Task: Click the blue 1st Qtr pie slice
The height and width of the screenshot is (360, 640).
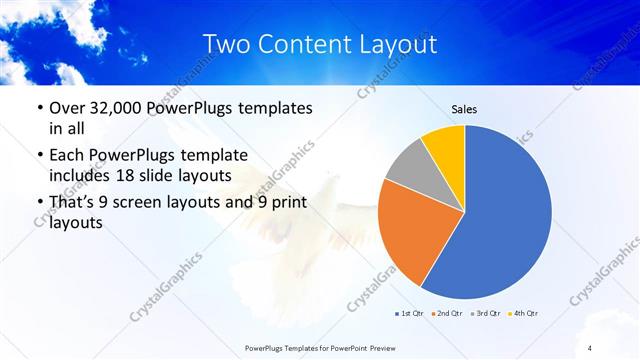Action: tap(505, 215)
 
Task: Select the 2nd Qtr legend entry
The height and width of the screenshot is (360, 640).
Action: tap(447, 314)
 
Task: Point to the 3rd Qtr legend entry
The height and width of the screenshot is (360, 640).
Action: tap(485, 314)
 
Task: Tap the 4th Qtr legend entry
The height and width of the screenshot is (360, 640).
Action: tap(522, 314)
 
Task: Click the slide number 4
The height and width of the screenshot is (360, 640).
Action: tap(590, 347)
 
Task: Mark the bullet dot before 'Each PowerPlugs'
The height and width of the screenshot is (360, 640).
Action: tap(38, 156)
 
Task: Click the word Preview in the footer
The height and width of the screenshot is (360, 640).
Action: tap(396, 347)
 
